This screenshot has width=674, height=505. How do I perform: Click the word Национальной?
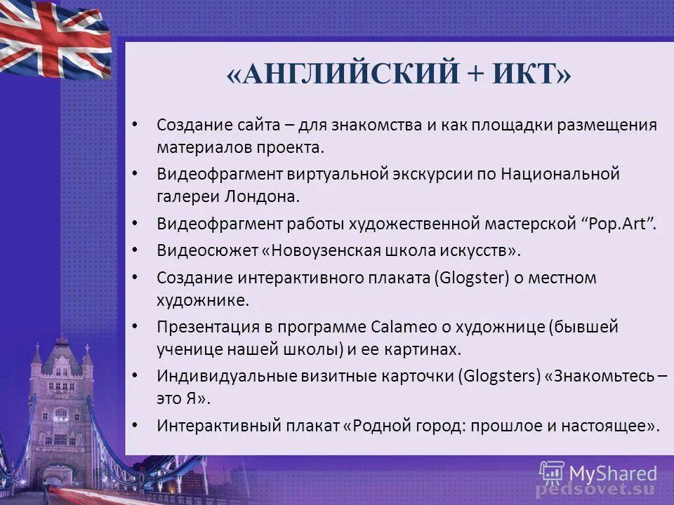[x=560, y=173]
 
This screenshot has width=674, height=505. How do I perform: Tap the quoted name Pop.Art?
[x=618, y=224]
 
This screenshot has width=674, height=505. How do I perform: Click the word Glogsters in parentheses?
[x=502, y=376]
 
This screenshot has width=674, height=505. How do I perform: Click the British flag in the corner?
[x=53, y=39]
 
